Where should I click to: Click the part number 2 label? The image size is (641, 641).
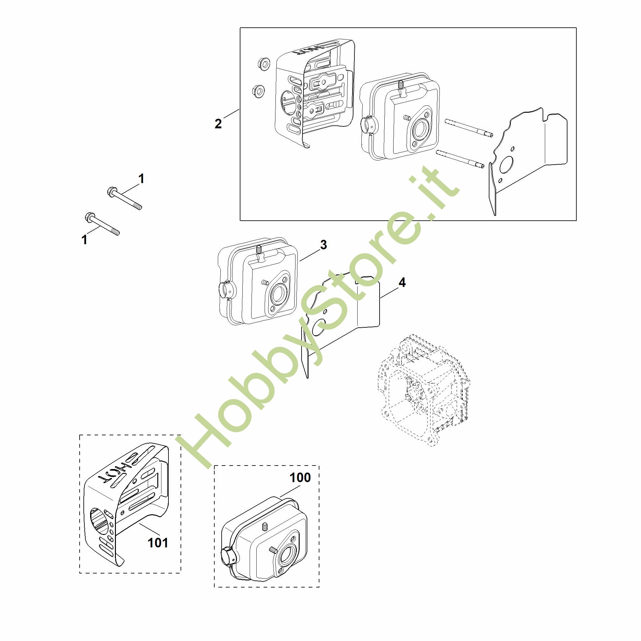point(218,124)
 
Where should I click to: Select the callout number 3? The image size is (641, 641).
point(324,245)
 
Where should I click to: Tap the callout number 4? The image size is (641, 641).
point(402,282)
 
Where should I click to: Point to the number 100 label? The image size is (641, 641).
point(300,477)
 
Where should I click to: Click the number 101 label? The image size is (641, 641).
point(158,543)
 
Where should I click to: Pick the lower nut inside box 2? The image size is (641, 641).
point(258,90)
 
